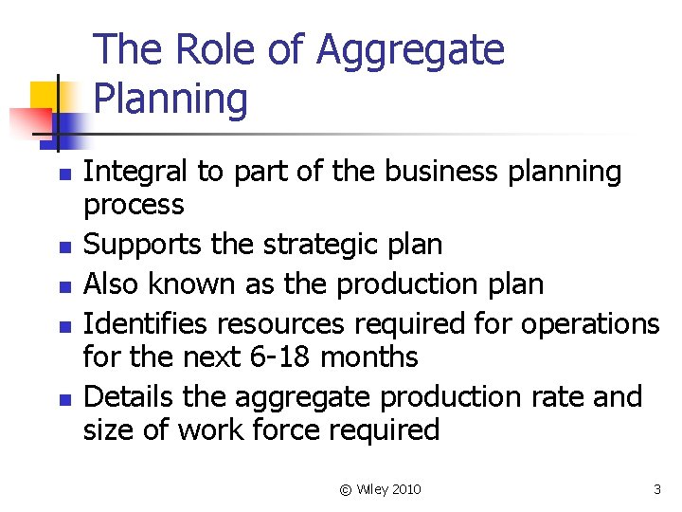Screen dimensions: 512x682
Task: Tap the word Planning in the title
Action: coord(171,99)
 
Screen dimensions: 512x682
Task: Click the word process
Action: coord(134,205)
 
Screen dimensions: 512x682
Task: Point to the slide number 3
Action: coord(656,489)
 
